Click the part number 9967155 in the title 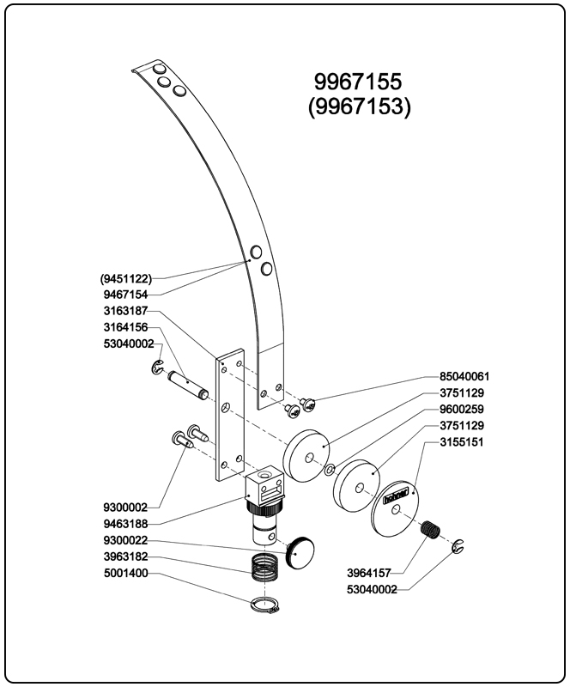359,82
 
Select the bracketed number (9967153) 359,106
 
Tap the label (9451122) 126,278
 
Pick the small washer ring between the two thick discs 331,469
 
